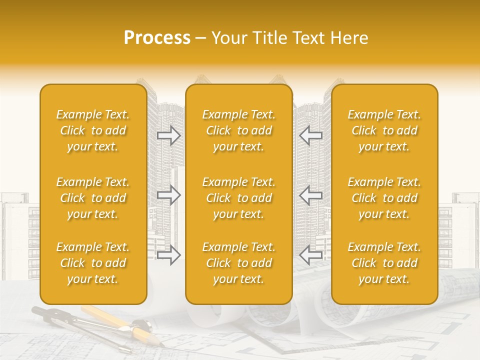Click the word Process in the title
pyautogui.click(x=157, y=38)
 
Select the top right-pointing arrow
pyautogui.click(x=169, y=135)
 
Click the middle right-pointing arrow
pyautogui.click(x=169, y=195)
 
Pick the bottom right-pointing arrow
pyautogui.click(x=169, y=254)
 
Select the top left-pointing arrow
pyautogui.click(x=310, y=135)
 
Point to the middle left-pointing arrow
pyautogui.click(x=310, y=195)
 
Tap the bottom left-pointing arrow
pyautogui.click(x=310, y=254)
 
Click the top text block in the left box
pyautogui.click(x=93, y=130)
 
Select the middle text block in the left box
pyautogui.click(x=93, y=198)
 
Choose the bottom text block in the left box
pyautogui.click(x=93, y=263)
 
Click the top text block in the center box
pyautogui.click(x=239, y=130)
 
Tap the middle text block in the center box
pyautogui.click(x=239, y=198)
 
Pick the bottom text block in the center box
pyautogui.click(x=239, y=263)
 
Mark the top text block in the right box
pyautogui.click(x=384, y=130)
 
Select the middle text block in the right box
pyautogui.click(x=384, y=198)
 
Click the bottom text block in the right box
pyautogui.click(x=384, y=263)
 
